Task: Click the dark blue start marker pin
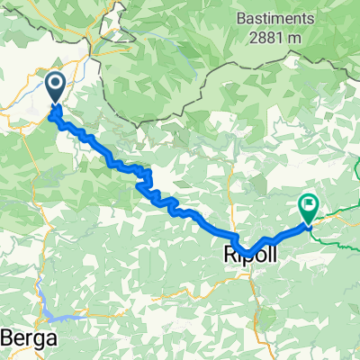(55, 88)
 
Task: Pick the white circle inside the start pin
(55, 85)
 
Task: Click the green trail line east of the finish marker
(337, 213)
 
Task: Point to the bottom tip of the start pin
(55, 105)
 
